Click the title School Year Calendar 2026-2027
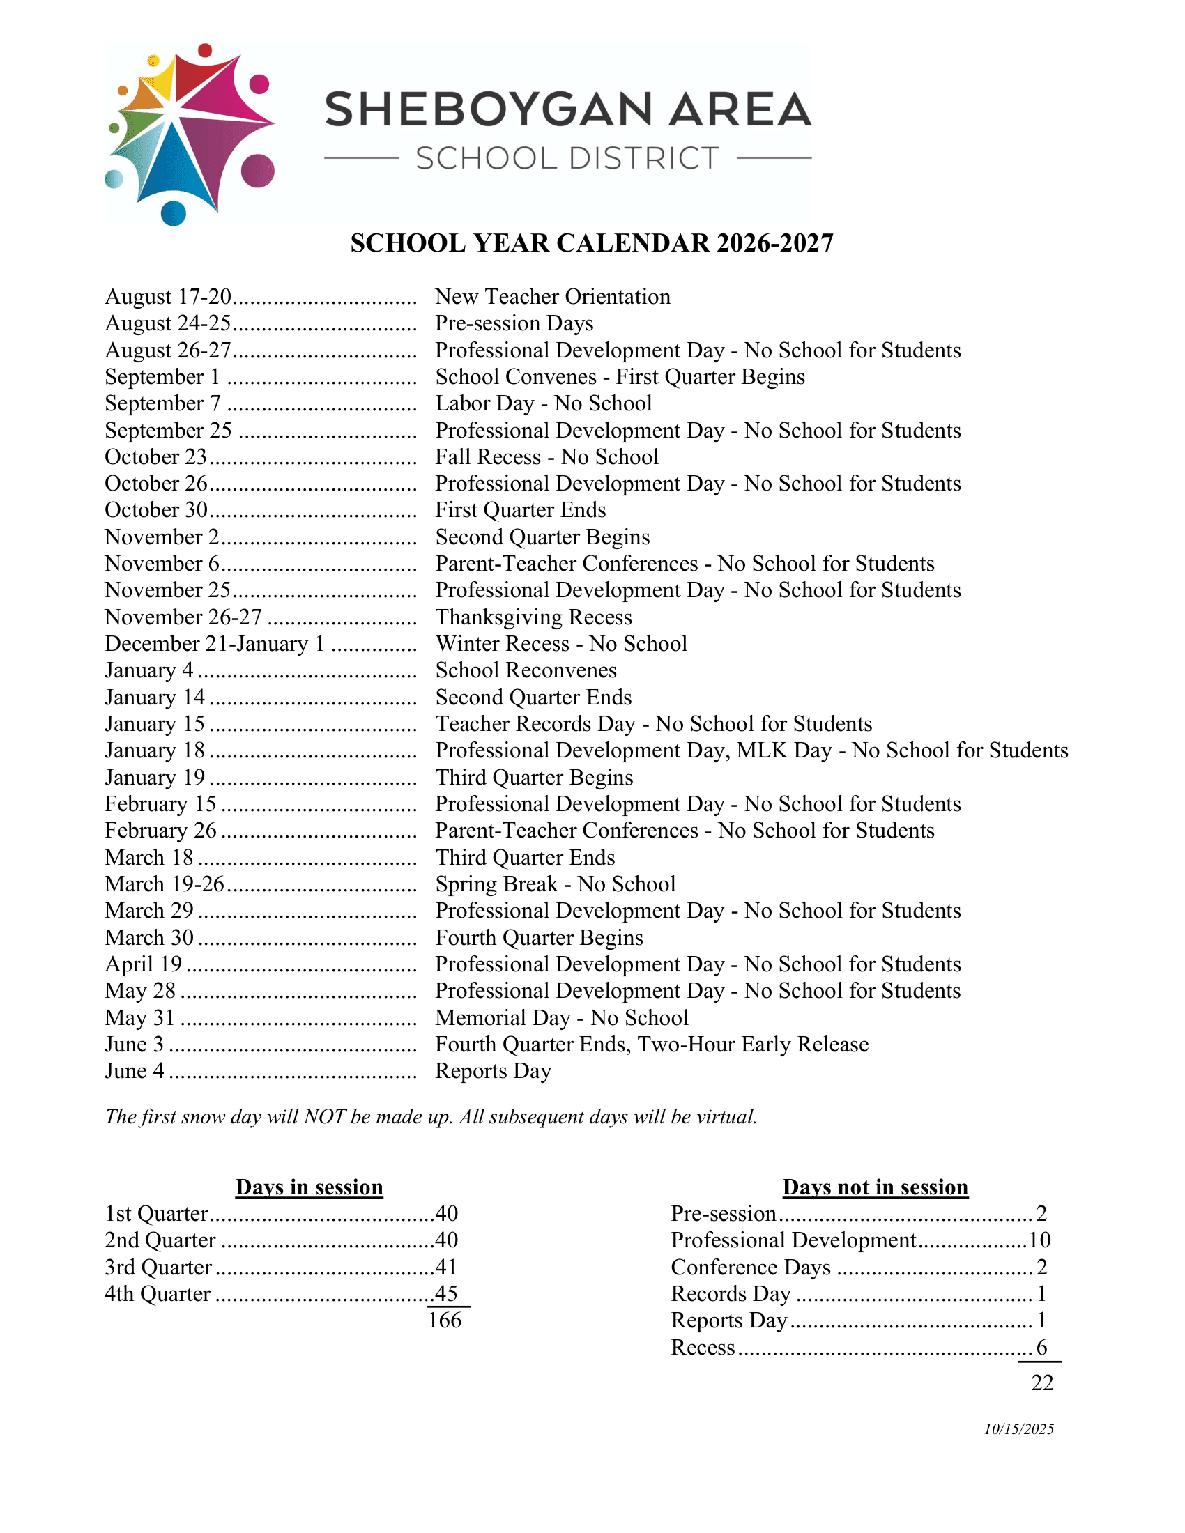tap(592, 244)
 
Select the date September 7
tap(163, 403)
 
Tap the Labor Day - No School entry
tap(544, 403)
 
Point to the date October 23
tap(156, 457)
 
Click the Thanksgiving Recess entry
tap(533, 617)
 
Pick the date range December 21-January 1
tap(214, 644)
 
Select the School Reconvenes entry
tap(526, 670)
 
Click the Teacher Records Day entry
tap(654, 724)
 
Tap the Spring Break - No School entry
tap(556, 884)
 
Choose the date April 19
tap(143, 964)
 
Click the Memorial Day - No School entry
tap(562, 1018)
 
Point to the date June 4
tap(134, 1071)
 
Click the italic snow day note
tap(431, 1117)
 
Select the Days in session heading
tap(309, 1187)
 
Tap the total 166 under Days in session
tap(445, 1320)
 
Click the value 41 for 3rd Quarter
tap(447, 1267)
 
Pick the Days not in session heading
tap(876, 1187)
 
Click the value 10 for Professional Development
tap(1040, 1240)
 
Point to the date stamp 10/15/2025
tap(1018, 1429)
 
